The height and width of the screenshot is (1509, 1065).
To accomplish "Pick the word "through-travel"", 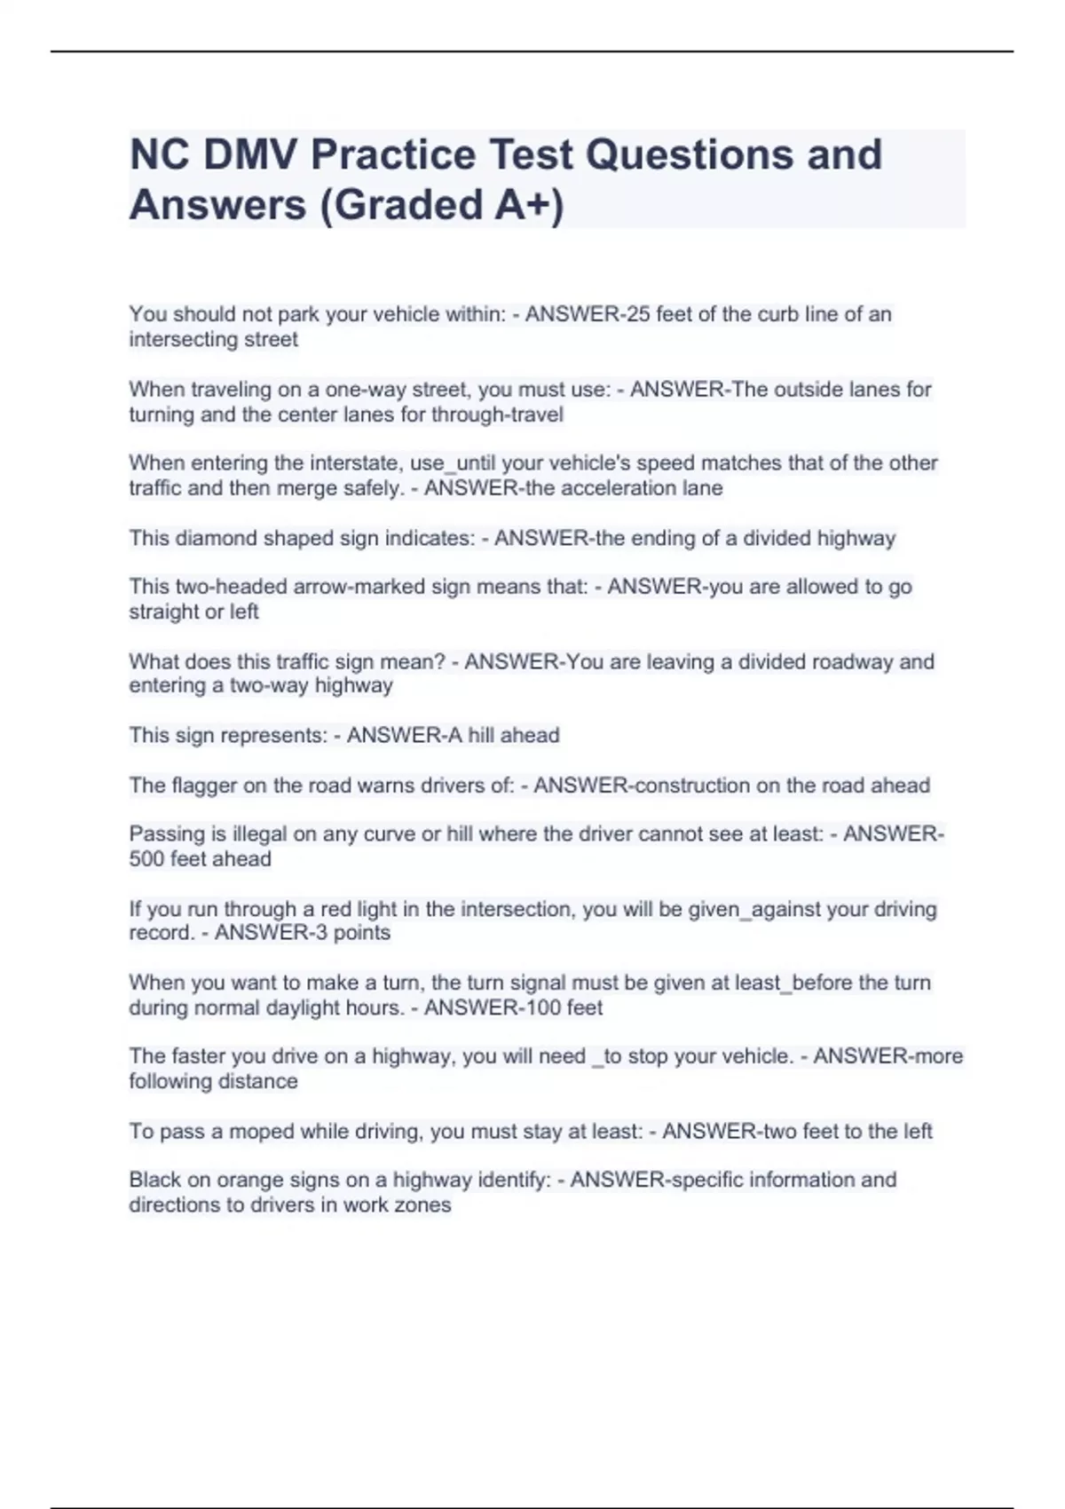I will pos(497,415).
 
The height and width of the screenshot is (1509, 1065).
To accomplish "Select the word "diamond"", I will pos(207,538).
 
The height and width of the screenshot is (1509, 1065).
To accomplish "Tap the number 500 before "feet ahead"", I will pos(147,859).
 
